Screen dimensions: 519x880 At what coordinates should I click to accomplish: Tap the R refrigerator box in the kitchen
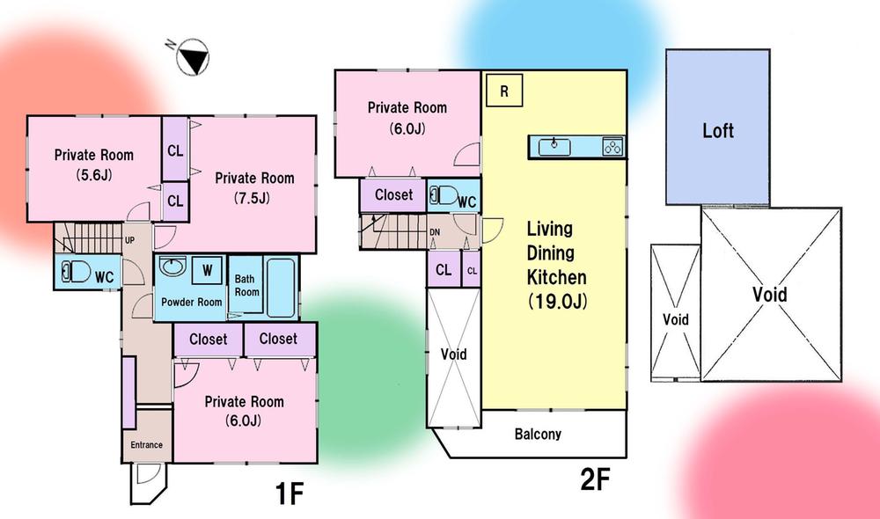pos(504,91)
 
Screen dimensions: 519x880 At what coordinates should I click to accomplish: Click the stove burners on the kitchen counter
pos(612,147)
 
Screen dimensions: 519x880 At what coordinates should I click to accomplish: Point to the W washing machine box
pos(208,269)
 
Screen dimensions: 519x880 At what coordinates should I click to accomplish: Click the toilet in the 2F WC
pos(443,197)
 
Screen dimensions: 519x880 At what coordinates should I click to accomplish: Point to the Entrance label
pos(146,444)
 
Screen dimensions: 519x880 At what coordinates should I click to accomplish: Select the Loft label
pos(717,132)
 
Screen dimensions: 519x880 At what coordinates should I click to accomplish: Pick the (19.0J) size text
pos(557,302)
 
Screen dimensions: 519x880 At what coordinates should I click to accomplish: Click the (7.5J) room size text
pos(253,198)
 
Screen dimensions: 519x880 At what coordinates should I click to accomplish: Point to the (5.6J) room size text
pos(93,173)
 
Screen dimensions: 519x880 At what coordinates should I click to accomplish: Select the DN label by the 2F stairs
pos(434,232)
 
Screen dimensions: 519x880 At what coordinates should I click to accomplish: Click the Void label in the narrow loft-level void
pos(676,319)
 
